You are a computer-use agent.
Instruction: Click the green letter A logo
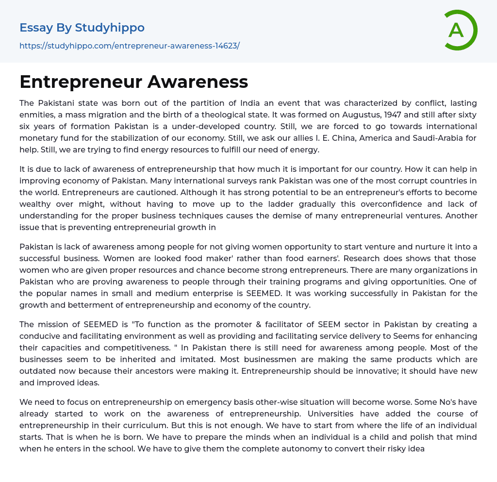[460, 30]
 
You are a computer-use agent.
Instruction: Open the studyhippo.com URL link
[130, 46]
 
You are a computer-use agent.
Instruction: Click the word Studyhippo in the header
[110, 28]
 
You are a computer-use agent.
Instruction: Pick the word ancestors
[295, 371]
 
